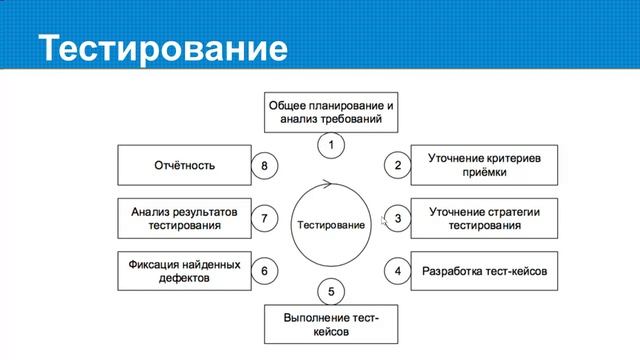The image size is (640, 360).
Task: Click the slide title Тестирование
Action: tap(161, 47)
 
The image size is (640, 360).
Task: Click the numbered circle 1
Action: tap(331, 145)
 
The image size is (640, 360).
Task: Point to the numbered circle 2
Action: tap(398, 166)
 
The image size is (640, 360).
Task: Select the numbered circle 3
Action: tap(398, 218)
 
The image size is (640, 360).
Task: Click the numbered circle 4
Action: tap(398, 271)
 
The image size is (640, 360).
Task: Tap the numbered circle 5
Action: tap(331, 292)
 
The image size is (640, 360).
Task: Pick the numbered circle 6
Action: tap(264, 271)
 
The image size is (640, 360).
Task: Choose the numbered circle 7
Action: tap(264, 218)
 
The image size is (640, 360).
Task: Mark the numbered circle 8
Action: tap(264, 166)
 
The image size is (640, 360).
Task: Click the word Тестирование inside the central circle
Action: tap(331, 225)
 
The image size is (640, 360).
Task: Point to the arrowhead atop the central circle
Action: tap(325, 183)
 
